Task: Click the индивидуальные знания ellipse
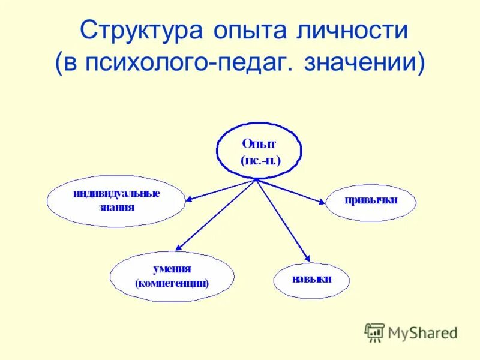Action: (116, 200)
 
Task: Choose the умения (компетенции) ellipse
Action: (172, 276)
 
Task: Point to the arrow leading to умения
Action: (216, 214)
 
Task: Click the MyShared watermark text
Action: (422, 331)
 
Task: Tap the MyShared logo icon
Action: (374, 331)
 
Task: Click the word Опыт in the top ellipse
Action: (260, 143)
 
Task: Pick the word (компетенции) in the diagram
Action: (172, 283)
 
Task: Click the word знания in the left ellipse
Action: (117, 208)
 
